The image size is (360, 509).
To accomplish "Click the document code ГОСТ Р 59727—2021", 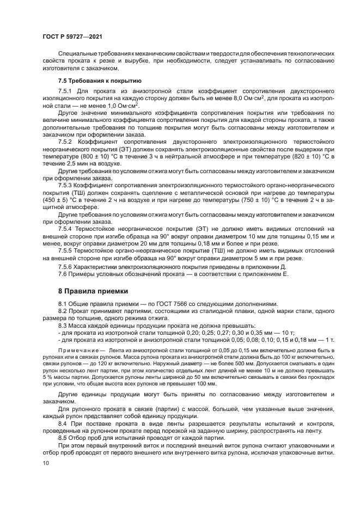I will (72, 36).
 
